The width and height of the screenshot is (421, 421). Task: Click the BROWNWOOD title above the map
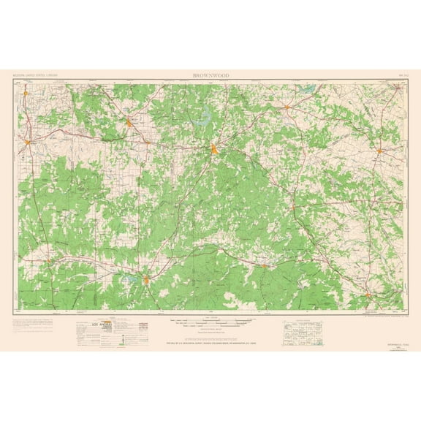pyautogui.click(x=211, y=75)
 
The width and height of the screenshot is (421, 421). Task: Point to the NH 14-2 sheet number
pyautogui.click(x=398, y=75)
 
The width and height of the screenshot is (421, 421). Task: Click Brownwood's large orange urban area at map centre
pyautogui.click(x=213, y=151)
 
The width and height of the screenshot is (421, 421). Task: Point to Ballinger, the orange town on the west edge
pyautogui.click(x=28, y=140)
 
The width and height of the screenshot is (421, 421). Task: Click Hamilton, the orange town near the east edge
pyautogui.click(x=380, y=151)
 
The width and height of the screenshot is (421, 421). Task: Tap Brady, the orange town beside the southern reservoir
pyautogui.click(x=147, y=279)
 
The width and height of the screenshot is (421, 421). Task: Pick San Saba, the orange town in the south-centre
pyautogui.click(x=264, y=265)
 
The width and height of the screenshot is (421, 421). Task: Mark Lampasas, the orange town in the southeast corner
pyautogui.click(x=371, y=295)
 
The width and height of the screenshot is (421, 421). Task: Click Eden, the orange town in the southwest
pyautogui.click(x=48, y=260)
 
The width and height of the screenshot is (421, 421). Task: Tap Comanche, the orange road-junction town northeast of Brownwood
pyautogui.click(x=287, y=108)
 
